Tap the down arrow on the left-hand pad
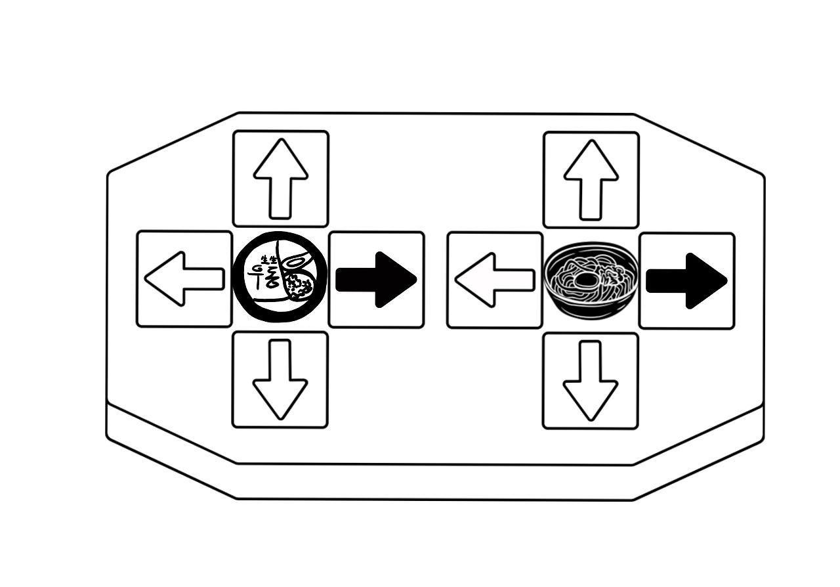281,380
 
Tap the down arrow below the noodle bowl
591,381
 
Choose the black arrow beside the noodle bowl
686,281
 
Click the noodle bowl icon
591,280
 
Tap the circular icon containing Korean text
281,279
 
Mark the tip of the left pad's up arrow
281,140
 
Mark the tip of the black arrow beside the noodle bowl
726,281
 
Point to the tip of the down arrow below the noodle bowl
591,420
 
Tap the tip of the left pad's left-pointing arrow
146,279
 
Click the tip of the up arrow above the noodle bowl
591,141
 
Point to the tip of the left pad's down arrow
281,418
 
